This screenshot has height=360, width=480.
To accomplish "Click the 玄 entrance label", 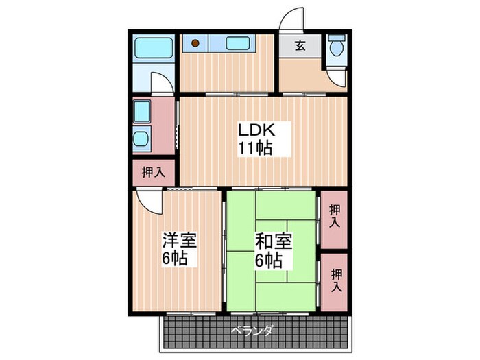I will coord(300,46).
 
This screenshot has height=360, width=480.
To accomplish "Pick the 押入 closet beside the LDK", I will coord(153,173).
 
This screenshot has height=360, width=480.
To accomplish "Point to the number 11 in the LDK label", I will coord(245,147).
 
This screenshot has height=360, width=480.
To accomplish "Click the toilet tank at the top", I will coord(336,39).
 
